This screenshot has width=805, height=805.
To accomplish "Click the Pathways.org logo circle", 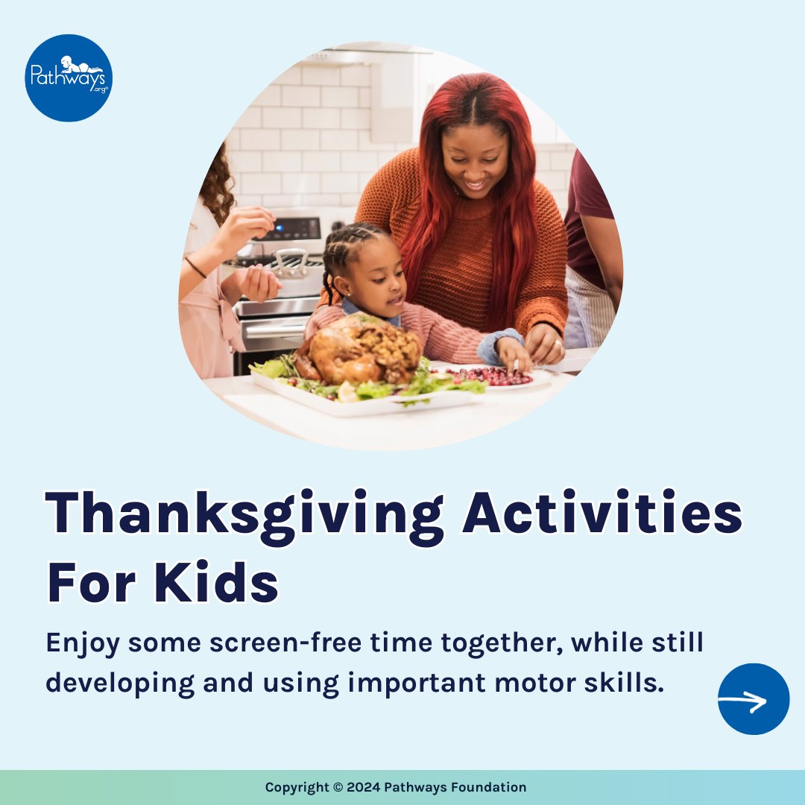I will [69, 78].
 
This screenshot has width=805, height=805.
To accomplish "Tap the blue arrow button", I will [753, 699].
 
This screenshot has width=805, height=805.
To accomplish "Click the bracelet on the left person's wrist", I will [195, 267].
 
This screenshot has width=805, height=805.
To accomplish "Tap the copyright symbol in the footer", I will [338, 787].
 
